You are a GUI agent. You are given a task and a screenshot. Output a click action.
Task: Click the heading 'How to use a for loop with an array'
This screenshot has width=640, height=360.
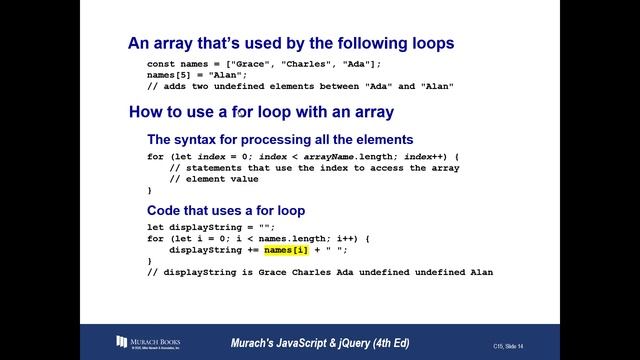pyautogui.click(x=260, y=112)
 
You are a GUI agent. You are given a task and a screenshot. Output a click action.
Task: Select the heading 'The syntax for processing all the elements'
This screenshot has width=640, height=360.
pyautogui.click(x=280, y=139)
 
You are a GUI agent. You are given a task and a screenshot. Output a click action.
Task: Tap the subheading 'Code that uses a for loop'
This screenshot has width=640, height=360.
pyautogui.click(x=226, y=211)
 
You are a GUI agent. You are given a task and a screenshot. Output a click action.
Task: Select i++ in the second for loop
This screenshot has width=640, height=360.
pyautogui.click(x=351, y=238)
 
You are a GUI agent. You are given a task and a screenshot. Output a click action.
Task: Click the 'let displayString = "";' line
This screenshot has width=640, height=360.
pyautogui.click(x=211, y=227)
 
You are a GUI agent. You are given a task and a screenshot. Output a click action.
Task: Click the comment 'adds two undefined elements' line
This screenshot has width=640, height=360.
pyautogui.click(x=301, y=86)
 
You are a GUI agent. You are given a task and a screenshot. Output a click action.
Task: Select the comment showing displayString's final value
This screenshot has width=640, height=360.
pyautogui.click(x=320, y=272)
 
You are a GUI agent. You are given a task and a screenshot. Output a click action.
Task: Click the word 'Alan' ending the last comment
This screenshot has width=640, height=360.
pyautogui.click(x=481, y=272)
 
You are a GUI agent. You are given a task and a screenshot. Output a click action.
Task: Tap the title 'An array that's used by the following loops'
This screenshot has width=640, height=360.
pyautogui.click(x=291, y=43)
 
